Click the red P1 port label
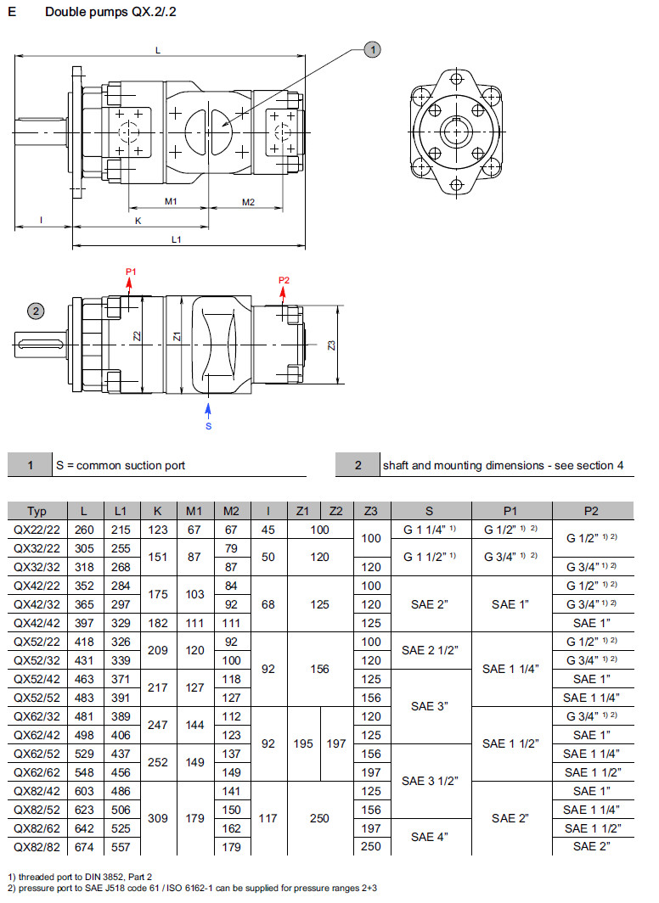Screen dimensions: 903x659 click(x=131, y=272)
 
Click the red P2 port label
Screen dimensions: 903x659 click(x=284, y=280)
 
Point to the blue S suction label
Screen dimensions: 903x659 click(x=208, y=425)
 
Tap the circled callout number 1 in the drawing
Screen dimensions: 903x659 click(x=372, y=50)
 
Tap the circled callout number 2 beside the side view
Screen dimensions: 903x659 click(x=36, y=311)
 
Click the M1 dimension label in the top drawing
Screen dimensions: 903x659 click(x=170, y=202)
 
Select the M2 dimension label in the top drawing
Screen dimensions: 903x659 click(x=249, y=202)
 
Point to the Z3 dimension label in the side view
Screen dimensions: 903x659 click(x=332, y=345)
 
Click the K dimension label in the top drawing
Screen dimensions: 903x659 click(x=138, y=221)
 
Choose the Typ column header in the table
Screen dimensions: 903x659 click(x=37, y=511)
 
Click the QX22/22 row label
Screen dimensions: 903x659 click(x=37, y=530)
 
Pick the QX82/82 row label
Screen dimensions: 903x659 click(x=37, y=846)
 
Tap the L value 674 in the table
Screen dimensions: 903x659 click(x=84, y=846)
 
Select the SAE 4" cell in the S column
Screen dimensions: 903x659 click(x=429, y=837)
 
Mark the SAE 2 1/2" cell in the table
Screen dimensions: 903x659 click(x=429, y=651)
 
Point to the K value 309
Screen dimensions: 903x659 click(x=157, y=818)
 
